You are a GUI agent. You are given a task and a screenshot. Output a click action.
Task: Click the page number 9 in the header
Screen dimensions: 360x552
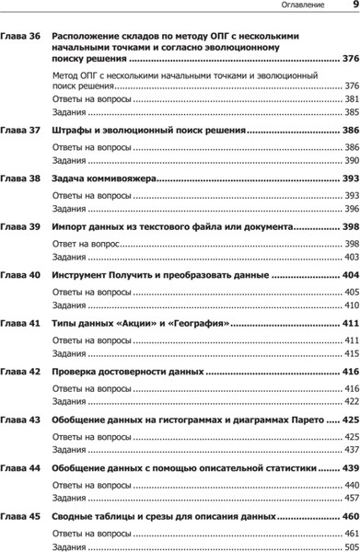coord(354,6)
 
